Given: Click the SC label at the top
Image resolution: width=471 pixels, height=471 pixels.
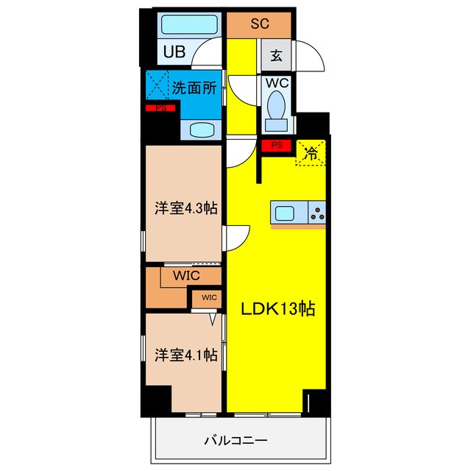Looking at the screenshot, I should (260, 24).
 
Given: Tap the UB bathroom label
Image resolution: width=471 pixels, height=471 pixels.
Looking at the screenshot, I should (174, 52).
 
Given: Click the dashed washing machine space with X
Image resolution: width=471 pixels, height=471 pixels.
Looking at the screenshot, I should (157, 84).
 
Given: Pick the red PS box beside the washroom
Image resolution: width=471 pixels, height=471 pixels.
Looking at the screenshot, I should (160, 109).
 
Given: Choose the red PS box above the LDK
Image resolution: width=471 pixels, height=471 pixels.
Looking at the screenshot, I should (277, 146).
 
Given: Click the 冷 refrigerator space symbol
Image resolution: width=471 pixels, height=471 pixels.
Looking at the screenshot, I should (311, 153).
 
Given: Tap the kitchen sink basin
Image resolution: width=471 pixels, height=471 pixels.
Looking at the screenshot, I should (286, 213).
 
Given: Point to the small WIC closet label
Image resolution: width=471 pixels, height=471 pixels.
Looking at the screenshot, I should (208, 298).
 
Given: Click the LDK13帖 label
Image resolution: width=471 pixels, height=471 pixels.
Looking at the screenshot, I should (278, 309).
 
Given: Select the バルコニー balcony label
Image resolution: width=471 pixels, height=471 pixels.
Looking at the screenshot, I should (235, 441).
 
